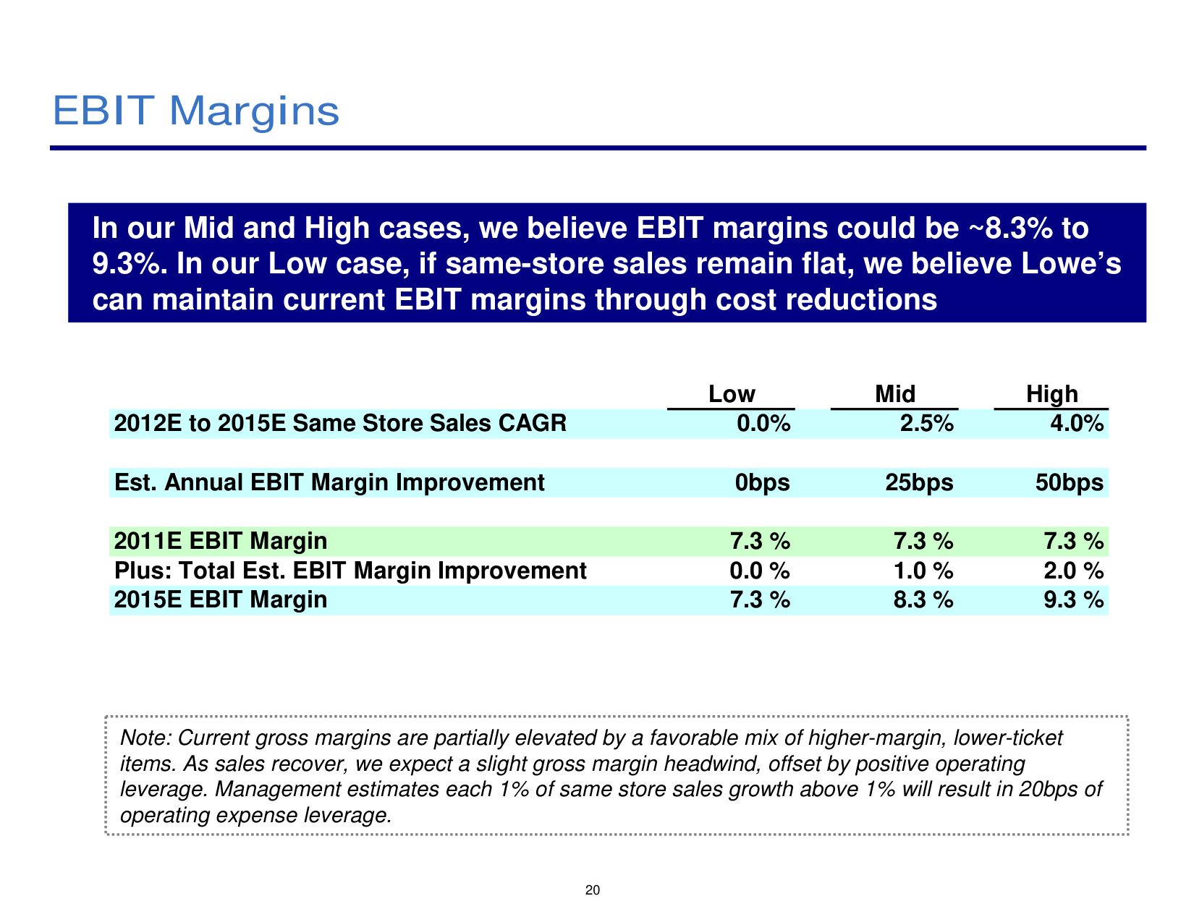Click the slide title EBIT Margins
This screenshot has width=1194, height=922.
(195, 111)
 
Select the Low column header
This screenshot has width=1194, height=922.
(732, 393)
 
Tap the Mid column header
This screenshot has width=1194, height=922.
(895, 393)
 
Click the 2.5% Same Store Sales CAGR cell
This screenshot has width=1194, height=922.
(926, 423)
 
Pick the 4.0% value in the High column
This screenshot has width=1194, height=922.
(1077, 423)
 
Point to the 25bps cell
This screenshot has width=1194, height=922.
(919, 483)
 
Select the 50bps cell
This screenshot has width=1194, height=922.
(1070, 483)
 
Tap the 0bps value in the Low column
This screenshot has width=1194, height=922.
(762, 483)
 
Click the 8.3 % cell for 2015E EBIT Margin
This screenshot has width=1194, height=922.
(923, 599)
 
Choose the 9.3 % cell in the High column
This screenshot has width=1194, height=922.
(1074, 599)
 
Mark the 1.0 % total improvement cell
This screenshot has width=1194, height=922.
(923, 571)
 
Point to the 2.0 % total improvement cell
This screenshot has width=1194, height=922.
(1074, 571)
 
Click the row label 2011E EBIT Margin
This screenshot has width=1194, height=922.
(220, 542)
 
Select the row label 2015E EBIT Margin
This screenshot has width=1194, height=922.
(220, 599)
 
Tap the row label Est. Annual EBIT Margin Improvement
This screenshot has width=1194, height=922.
(329, 483)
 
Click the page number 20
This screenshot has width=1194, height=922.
(593, 890)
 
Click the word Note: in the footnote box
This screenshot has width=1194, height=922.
(146, 738)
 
